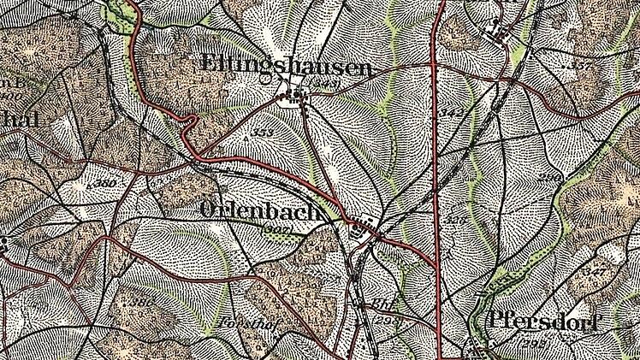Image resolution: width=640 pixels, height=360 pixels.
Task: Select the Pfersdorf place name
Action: tap(544, 322)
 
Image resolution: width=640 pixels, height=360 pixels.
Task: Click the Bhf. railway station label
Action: tap(382, 304)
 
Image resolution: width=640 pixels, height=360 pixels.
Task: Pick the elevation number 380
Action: tap(105, 183)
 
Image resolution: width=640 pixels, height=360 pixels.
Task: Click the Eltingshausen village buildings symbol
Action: tap(296, 97)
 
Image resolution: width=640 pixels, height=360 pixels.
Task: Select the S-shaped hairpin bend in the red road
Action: tap(190, 128)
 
